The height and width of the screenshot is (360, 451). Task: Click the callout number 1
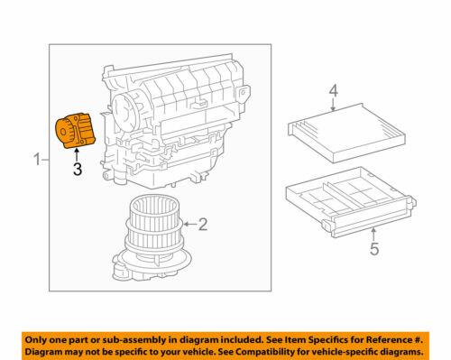(37, 161)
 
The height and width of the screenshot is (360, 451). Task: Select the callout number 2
(203, 222)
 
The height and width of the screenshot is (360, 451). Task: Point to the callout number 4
(333, 90)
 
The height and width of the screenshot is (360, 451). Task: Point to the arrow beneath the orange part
(77, 153)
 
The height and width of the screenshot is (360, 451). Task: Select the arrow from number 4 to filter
(333, 104)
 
